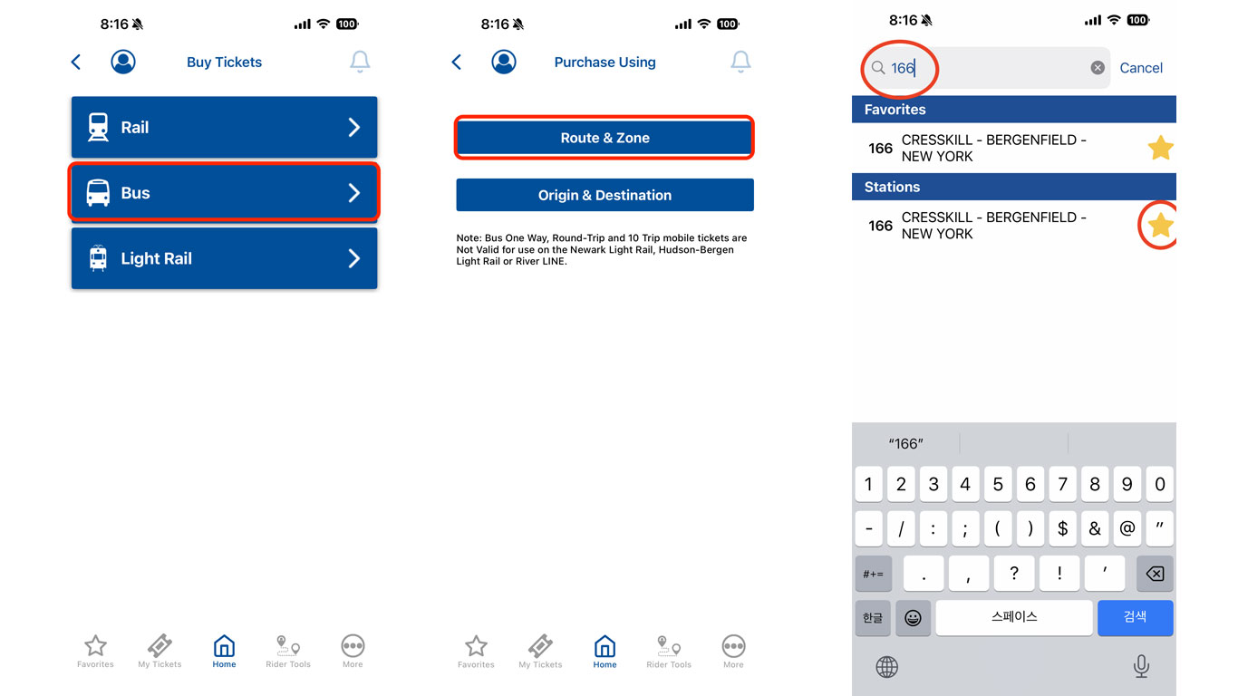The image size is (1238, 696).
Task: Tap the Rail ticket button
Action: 224,127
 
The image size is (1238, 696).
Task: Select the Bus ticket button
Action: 224,192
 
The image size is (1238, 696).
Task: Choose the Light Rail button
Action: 224,258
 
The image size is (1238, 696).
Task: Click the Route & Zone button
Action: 604,138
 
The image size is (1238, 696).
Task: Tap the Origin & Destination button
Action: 604,195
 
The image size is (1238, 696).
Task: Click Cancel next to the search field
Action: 1141,68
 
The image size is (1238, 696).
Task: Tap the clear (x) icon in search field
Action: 1098,67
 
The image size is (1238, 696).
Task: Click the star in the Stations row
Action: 1160,225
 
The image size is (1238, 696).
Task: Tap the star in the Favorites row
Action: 1160,148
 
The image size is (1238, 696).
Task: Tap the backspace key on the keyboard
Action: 1155,574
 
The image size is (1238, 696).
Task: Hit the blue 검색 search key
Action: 1136,617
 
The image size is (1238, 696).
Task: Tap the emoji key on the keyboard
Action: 913,617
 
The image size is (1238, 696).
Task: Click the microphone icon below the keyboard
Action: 1141,666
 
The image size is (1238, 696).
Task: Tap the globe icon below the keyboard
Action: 887,667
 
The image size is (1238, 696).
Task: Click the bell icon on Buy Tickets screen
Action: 360,62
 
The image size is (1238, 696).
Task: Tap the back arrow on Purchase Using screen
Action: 457,62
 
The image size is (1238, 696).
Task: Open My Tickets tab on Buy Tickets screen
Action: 160,651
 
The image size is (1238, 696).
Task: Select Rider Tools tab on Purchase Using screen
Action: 669,652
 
